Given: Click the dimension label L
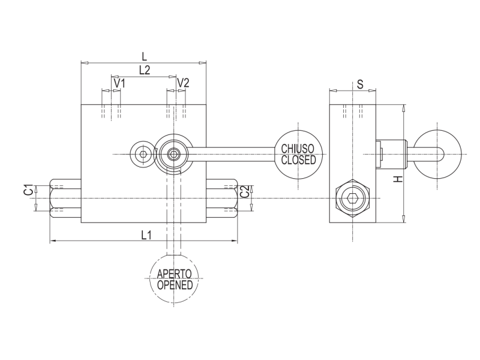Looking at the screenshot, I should click(x=143, y=56).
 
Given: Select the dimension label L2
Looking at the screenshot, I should click(x=144, y=70).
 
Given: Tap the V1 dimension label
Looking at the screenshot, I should click(x=119, y=83).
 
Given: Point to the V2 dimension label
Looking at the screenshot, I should click(x=183, y=83).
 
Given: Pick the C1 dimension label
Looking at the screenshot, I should click(x=28, y=190).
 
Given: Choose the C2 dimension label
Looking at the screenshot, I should click(x=244, y=192).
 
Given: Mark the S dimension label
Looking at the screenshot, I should click(x=360, y=85).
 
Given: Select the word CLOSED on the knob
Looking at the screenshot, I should click(x=298, y=160).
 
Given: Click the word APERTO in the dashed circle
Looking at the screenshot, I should click(x=174, y=274).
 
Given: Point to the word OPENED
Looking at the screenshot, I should click(x=175, y=285).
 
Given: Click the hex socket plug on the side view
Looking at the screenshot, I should click(x=353, y=198).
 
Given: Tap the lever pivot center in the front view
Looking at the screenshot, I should click(x=173, y=154).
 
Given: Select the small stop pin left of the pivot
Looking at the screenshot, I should click(x=143, y=154).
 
